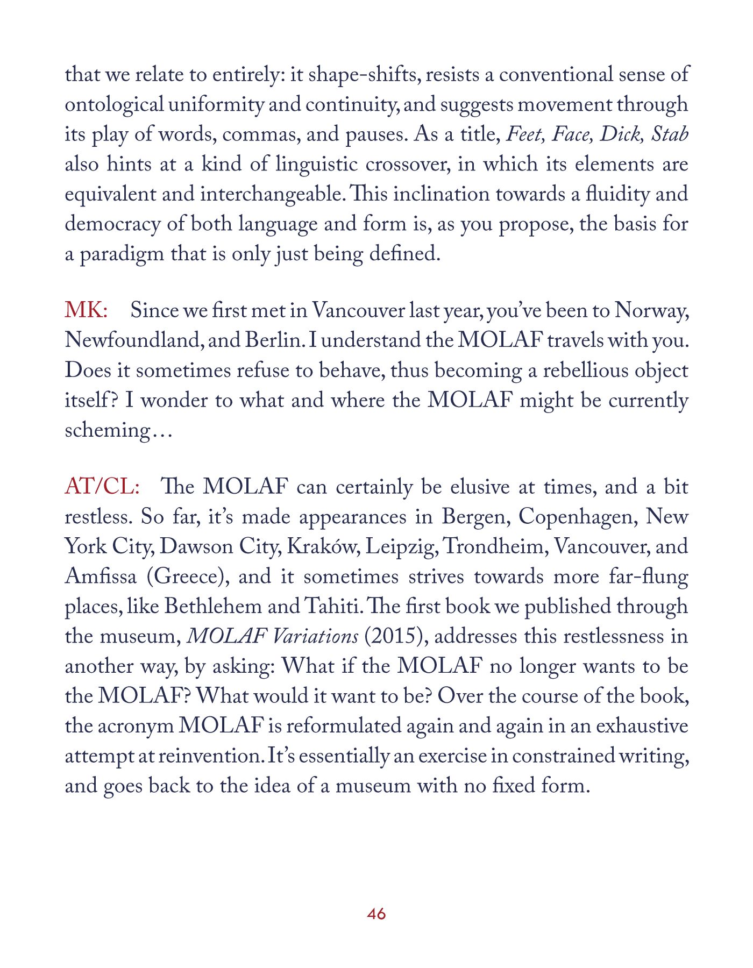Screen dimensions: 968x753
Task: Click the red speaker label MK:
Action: (x=86, y=311)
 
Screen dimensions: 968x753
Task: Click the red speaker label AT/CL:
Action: (x=102, y=487)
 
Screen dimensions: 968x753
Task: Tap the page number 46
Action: (x=376, y=913)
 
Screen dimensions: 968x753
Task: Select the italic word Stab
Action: (x=670, y=134)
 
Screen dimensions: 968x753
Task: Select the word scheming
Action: (x=106, y=430)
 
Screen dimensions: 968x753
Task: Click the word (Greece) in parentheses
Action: (x=185, y=576)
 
